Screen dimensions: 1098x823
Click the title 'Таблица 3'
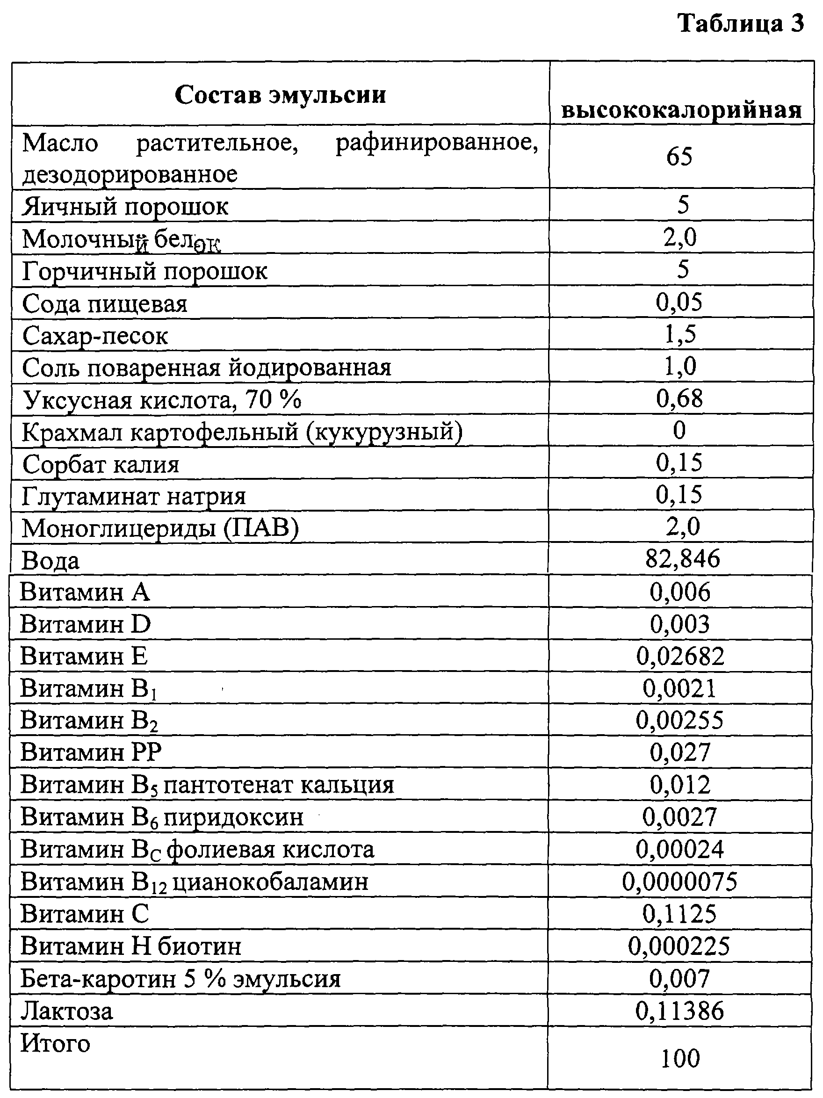[x=740, y=24]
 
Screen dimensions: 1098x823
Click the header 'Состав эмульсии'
[x=281, y=95]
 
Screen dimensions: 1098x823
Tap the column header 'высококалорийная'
[x=681, y=110]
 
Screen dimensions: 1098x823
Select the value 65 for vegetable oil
[x=679, y=156]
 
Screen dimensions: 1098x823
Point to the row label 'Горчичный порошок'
[x=144, y=271]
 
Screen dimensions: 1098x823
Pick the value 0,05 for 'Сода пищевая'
[x=679, y=302]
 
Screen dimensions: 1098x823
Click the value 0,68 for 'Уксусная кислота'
[x=679, y=398]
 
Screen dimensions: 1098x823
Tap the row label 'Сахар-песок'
[x=95, y=336]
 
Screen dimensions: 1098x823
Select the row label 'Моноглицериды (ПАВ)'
[x=160, y=528]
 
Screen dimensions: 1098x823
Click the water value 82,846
[x=682, y=559]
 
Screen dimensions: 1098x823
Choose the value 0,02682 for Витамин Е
[x=680, y=656]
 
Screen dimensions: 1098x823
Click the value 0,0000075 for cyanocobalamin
[x=679, y=881]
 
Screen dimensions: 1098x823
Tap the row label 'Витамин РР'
[x=91, y=752]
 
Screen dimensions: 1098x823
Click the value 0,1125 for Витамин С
[x=679, y=913]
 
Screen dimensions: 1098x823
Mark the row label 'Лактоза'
[x=67, y=1011]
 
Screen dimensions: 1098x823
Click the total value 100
[x=679, y=1058]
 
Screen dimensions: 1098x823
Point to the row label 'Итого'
[x=56, y=1043]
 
